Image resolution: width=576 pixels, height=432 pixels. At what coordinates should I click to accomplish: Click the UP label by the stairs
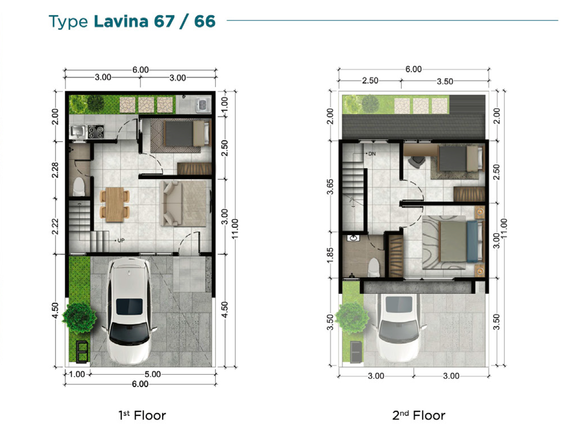[121, 241]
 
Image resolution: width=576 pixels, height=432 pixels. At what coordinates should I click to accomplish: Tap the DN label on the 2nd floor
[372, 154]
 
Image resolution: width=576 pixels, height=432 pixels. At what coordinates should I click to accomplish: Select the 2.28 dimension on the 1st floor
[55, 170]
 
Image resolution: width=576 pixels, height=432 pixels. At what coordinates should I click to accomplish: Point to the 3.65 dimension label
[330, 187]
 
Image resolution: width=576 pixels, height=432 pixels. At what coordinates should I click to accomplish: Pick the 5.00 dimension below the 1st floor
[153, 374]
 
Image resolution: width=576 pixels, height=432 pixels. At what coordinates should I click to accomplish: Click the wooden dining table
[115, 204]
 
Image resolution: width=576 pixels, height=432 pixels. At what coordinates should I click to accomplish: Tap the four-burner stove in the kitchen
[95, 132]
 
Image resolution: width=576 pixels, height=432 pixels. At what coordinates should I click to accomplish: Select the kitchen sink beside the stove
[78, 132]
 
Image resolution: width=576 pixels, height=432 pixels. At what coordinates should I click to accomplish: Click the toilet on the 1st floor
[79, 187]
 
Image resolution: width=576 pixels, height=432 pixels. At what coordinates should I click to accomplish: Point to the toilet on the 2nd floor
[374, 267]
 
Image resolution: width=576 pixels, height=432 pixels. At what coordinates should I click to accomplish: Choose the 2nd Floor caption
[419, 416]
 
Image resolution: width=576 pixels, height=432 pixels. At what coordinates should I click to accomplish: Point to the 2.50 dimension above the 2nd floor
[370, 80]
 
